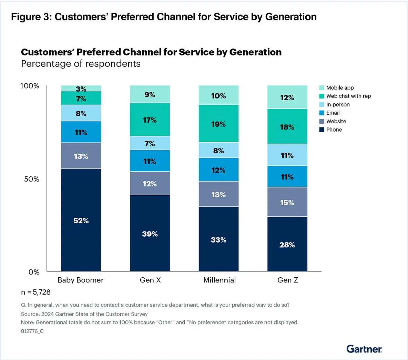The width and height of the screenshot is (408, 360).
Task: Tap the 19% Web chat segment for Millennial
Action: tap(218, 124)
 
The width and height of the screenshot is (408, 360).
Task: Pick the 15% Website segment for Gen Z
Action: tap(287, 202)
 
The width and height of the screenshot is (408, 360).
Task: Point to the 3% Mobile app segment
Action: tap(81, 88)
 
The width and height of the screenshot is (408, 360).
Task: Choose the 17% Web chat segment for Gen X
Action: tap(150, 120)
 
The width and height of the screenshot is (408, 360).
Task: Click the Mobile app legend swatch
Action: tap(322, 88)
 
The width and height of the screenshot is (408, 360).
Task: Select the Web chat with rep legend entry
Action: tap(348, 96)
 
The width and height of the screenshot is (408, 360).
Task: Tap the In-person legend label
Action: tap(338, 104)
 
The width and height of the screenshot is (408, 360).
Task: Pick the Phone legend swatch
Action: tap(322, 130)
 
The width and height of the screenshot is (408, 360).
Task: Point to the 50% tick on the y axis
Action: tap(32, 179)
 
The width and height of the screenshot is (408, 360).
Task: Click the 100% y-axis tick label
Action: tap(30, 86)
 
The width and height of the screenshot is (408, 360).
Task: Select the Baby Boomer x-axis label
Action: tap(81, 280)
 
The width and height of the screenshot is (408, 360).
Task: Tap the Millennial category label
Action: tap(220, 280)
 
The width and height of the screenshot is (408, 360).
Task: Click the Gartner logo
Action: tap(364, 349)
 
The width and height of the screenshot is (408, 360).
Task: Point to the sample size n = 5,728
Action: tap(36, 292)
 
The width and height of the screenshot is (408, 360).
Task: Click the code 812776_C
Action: tap(32, 331)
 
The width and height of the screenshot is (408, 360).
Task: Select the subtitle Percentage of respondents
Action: tap(81, 64)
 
